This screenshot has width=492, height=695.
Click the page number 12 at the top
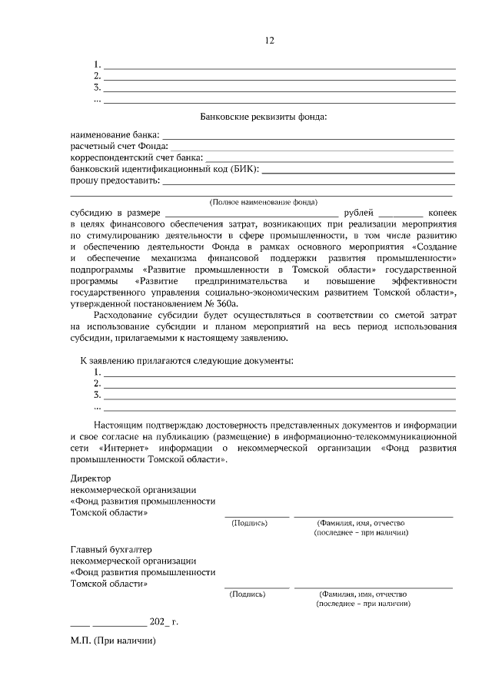269,41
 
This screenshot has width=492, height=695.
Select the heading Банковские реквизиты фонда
263,117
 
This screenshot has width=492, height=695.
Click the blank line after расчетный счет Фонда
311,146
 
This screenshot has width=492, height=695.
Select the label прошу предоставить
115,180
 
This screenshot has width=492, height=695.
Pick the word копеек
443,212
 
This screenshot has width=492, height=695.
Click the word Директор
91,478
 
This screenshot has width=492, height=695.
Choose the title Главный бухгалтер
111,549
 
